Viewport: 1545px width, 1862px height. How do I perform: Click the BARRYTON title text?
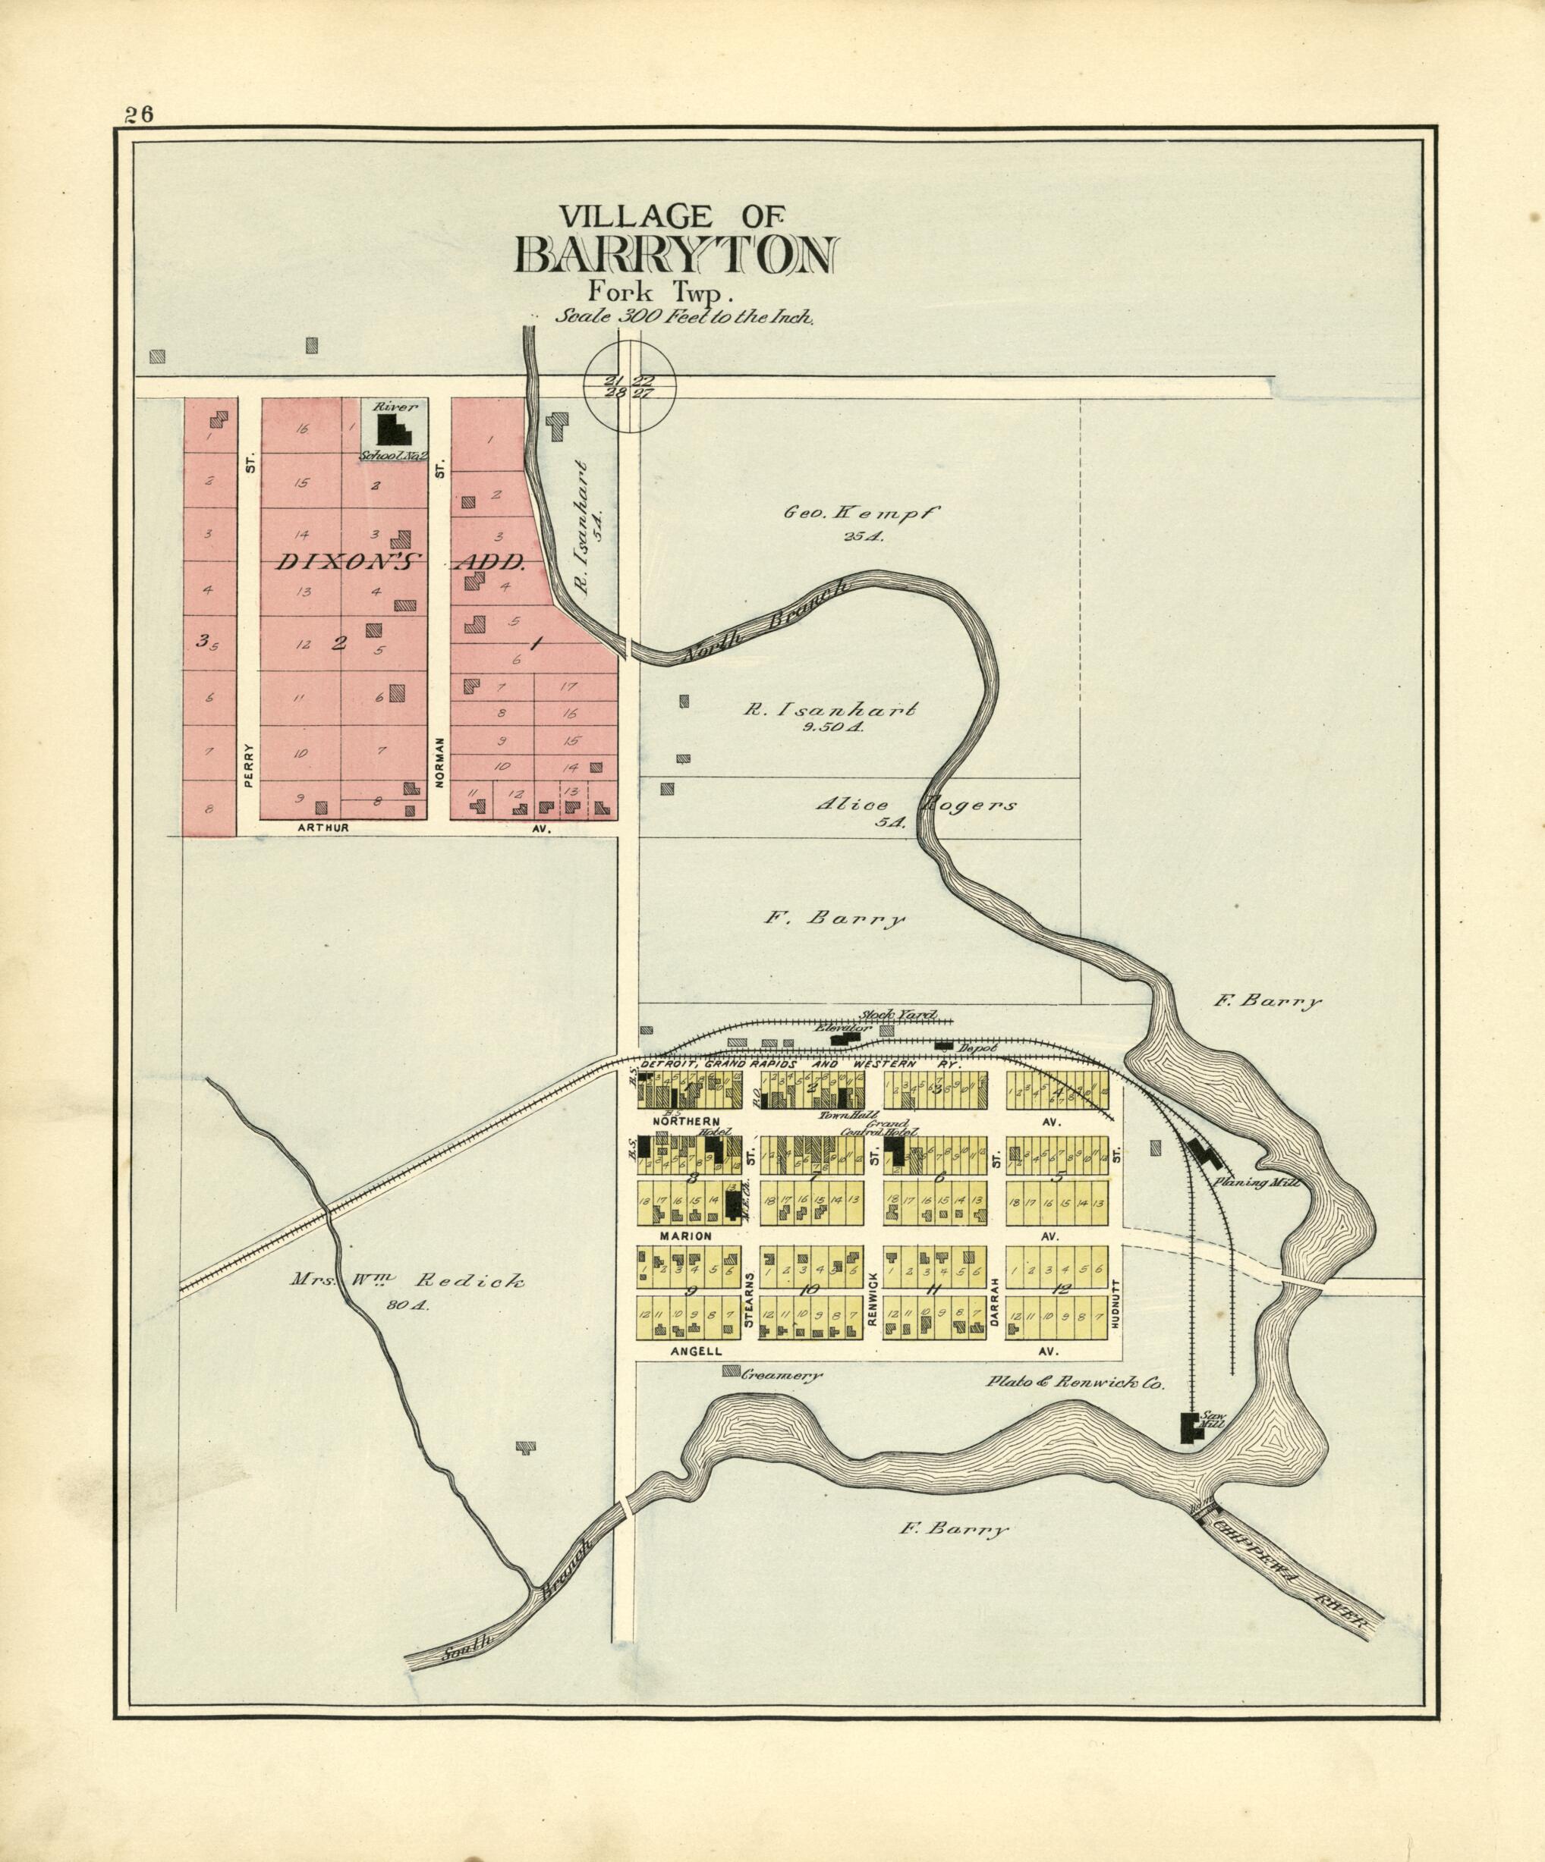(x=674, y=255)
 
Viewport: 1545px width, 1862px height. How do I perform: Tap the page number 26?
(x=140, y=115)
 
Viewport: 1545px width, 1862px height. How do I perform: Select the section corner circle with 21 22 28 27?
(x=631, y=388)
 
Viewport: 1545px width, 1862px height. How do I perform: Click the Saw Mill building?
(x=1189, y=1427)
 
